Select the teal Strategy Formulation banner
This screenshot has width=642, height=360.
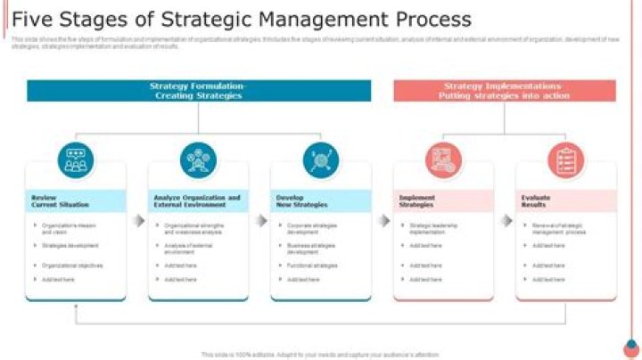(198, 90)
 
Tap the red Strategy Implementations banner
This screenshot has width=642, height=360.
(504, 90)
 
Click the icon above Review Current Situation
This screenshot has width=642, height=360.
(76, 160)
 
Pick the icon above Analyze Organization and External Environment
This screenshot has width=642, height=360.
(198, 160)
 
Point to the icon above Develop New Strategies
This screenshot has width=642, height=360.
(320, 160)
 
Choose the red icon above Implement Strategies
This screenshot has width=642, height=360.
(443, 160)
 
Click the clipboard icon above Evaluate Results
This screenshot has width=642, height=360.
(565, 160)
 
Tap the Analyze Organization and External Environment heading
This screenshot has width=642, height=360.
(197, 200)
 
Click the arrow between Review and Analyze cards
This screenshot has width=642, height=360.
(137, 220)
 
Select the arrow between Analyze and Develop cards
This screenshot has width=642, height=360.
(260, 220)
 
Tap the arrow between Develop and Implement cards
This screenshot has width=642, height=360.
(383, 220)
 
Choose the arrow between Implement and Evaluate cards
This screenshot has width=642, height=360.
(506, 220)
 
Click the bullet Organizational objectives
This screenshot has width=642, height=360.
(72, 266)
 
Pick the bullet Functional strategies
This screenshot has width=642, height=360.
(312, 266)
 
